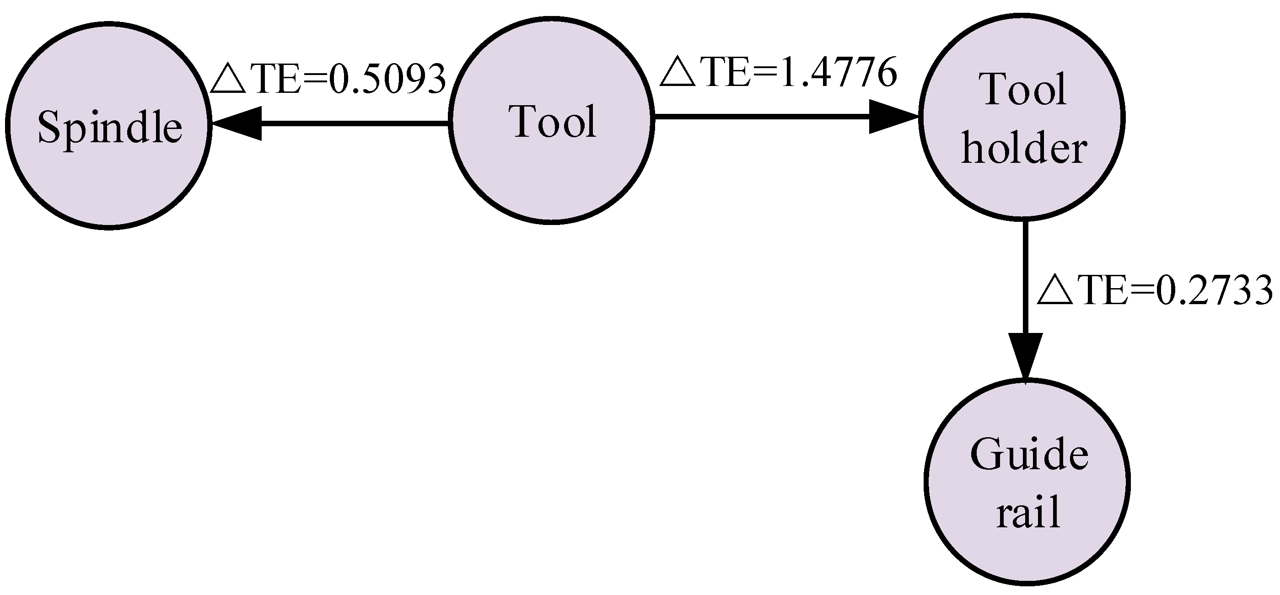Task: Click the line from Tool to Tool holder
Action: point(760,117)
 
